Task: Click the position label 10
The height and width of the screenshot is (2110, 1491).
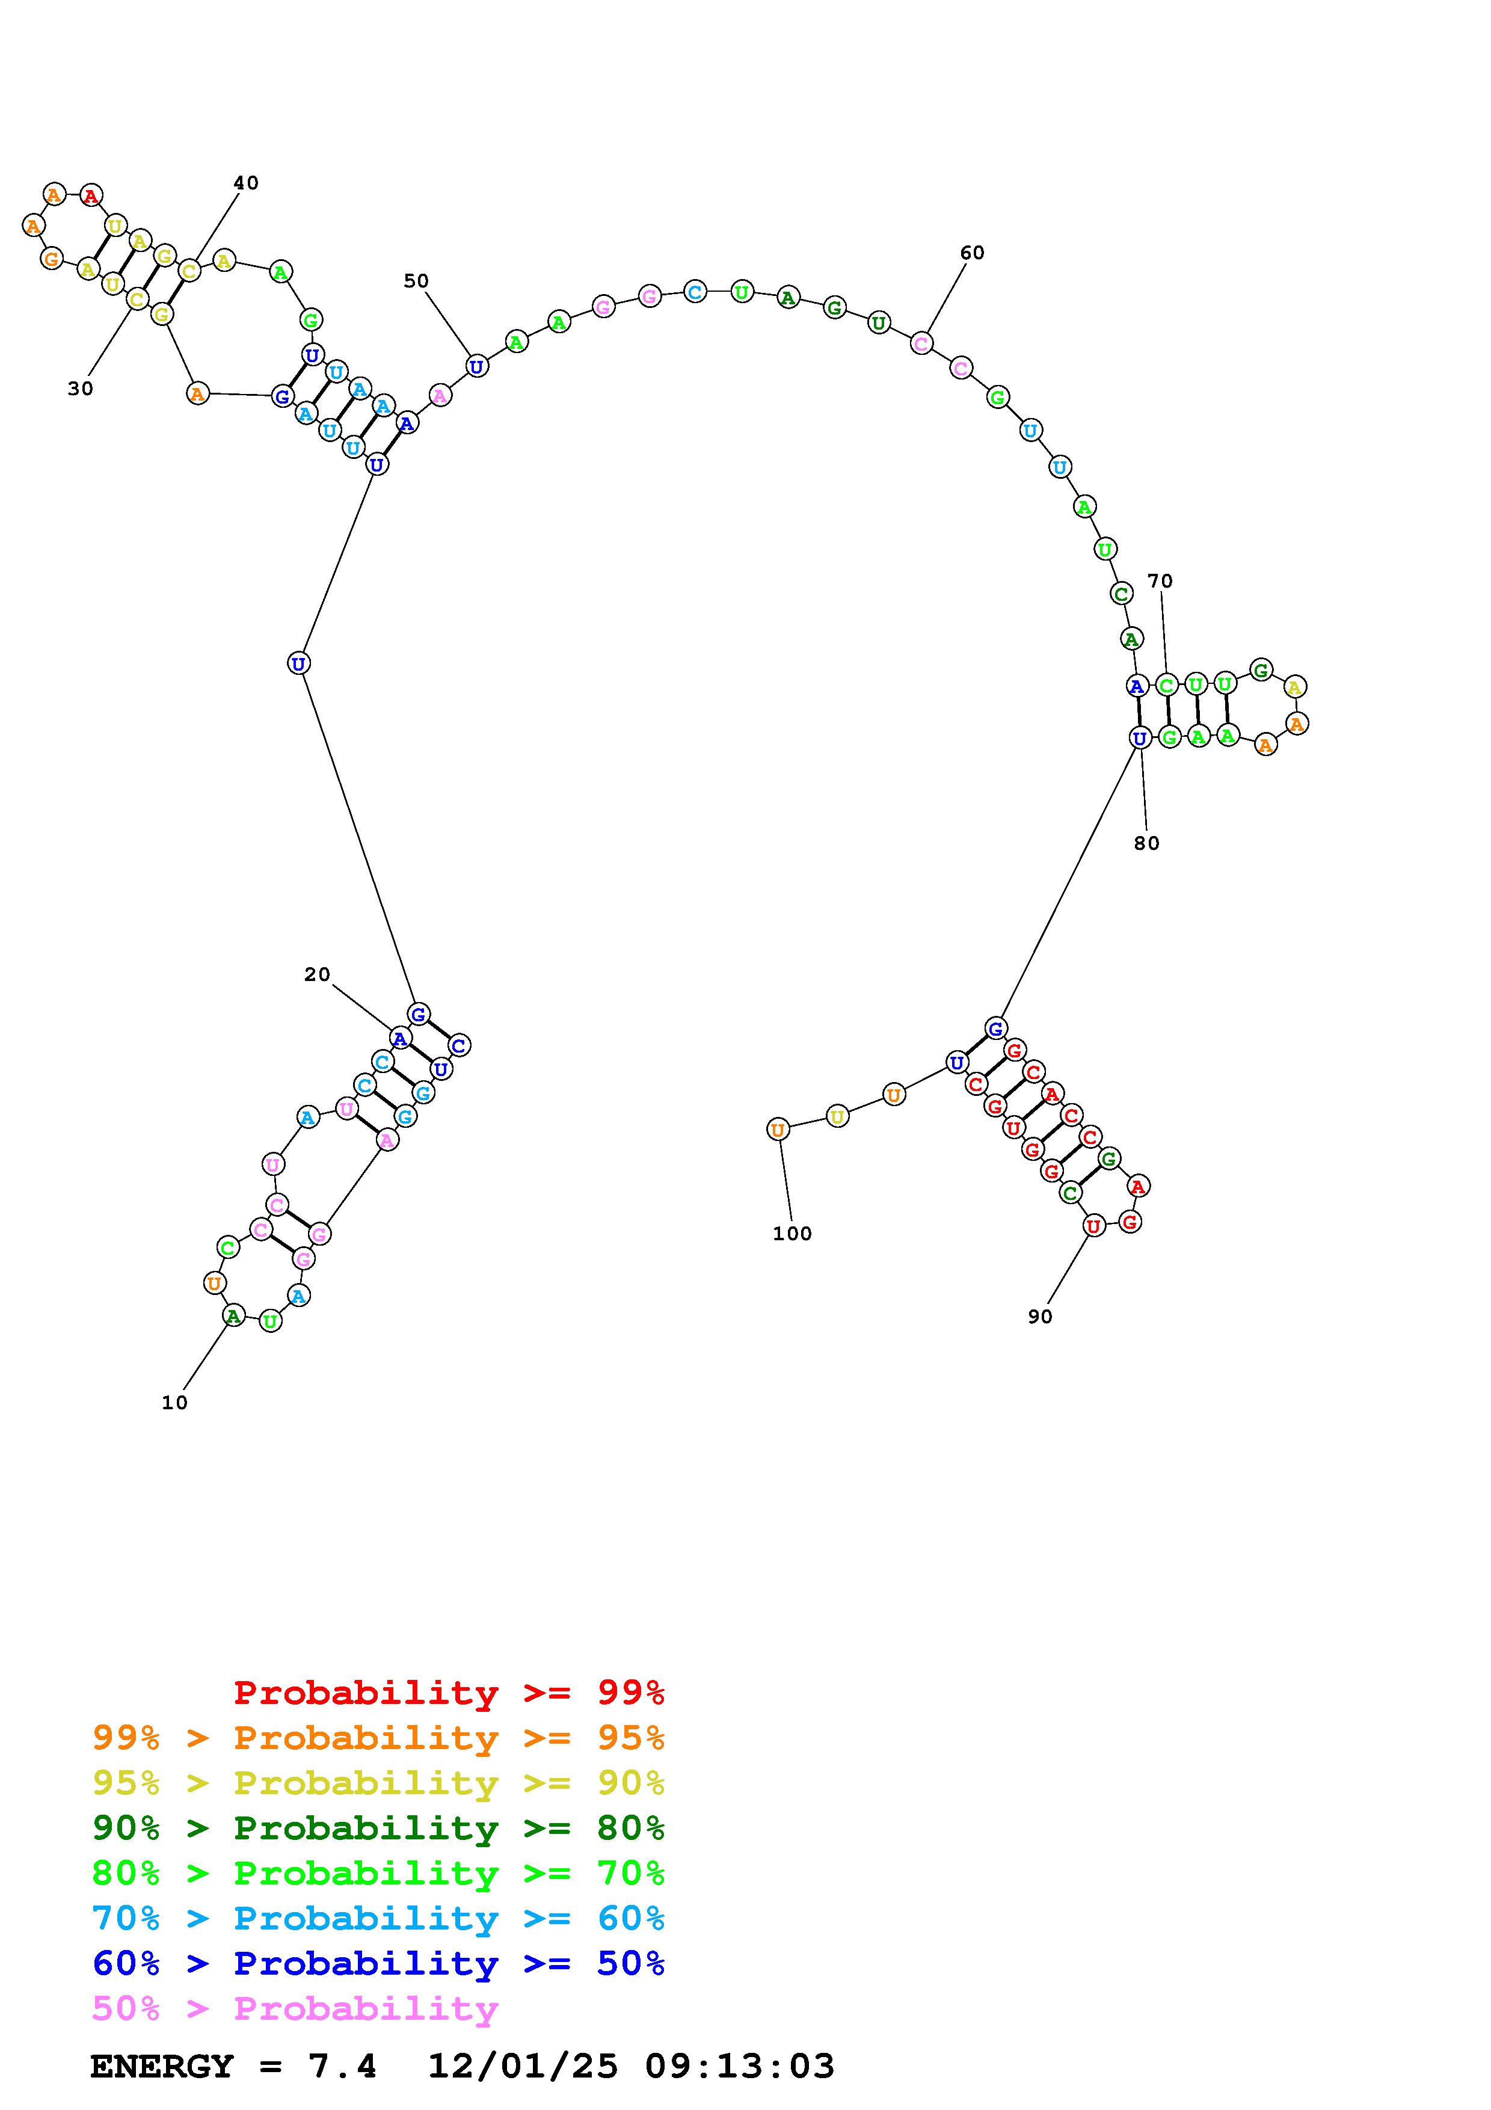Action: pos(174,1403)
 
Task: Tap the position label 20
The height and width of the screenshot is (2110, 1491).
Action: pos(317,975)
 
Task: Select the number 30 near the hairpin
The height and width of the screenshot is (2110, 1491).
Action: pos(81,389)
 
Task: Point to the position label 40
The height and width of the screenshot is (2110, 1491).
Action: pos(245,183)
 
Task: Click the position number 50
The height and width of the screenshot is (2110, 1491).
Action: pos(416,281)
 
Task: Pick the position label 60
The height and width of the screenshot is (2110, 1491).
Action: pos(972,253)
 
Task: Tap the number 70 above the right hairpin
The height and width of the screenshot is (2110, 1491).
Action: pos(1160,581)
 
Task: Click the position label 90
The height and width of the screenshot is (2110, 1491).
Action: pos(1040,1317)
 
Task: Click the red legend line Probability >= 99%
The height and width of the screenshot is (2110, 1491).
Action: pos(449,1693)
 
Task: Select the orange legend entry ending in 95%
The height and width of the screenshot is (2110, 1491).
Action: pos(378,1738)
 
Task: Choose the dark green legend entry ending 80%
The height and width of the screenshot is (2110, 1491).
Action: pos(378,1828)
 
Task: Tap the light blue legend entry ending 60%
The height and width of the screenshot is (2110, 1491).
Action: pos(378,1918)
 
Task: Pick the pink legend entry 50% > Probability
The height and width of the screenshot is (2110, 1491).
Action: pos(296,2008)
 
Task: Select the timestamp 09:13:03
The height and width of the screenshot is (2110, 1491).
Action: pos(740,2067)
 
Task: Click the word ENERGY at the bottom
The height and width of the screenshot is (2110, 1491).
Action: pos(162,2067)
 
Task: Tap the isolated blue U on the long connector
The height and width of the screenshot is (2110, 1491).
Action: pos(298,663)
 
